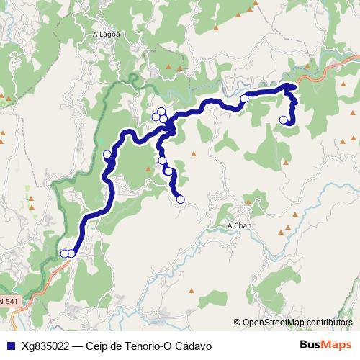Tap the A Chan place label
tap(239, 225)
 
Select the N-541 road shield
tap(7, 300)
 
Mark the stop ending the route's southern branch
tap(180, 199)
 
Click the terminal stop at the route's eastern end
tap(284, 120)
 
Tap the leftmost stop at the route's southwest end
tap(64, 253)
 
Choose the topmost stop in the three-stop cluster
tap(161, 111)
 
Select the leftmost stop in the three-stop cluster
tap(156, 117)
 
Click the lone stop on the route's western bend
tap(107, 154)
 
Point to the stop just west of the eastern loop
tap(244, 98)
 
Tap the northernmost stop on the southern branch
tap(162, 161)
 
